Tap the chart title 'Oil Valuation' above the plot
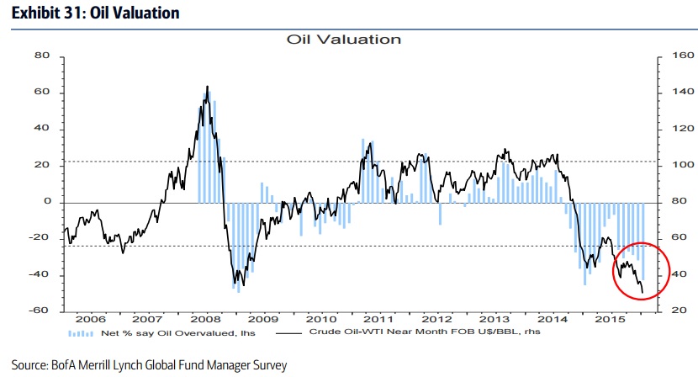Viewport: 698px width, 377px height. [x=344, y=40]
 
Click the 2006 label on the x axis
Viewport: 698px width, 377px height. [x=89, y=321]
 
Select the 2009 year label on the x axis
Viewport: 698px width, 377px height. [x=263, y=321]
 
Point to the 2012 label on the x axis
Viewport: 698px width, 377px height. [x=436, y=321]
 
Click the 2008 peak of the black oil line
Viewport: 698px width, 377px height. [x=207, y=87]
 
